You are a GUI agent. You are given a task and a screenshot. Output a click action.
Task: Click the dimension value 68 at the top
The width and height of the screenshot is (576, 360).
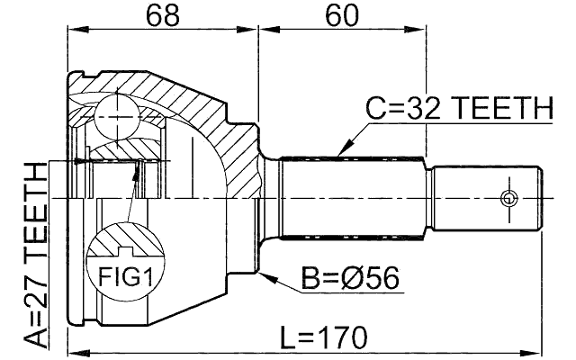pyautogui.click(x=161, y=14)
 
